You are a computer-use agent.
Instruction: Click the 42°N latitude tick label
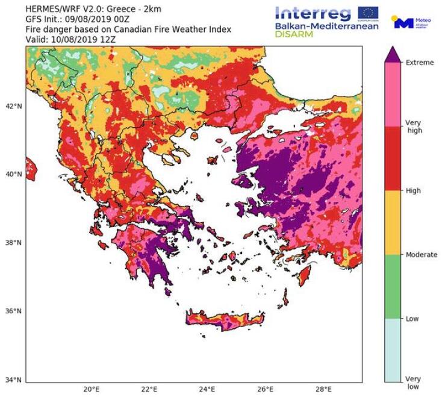pyautogui.click(x=13, y=106)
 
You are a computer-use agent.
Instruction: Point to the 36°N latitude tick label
pyautogui.click(x=13, y=311)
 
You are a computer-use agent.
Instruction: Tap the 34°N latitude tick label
pyautogui.click(x=13, y=380)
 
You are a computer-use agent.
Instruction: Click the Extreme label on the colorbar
pyautogui.click(x=419, y=63)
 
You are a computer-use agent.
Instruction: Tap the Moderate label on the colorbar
pyautogui.click(x=421, y=255)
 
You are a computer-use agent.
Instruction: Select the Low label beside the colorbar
pyautogui.click(x=412, y=319)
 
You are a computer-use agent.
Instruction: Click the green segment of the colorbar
pyautogui.click(x=393, y=286)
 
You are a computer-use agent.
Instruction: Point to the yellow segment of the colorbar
pyautogui.click(x=393, y=222)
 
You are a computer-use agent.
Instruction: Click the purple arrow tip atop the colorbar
pyautogui.click(x=393, y=54)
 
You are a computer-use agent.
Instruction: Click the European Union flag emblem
pyautogui.click(x=368, y=13)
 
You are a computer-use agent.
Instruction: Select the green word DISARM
pyautogui.click(x=295, y=35)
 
